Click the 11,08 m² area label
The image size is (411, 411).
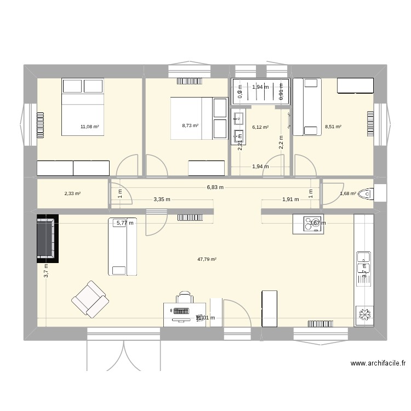coord(90,127)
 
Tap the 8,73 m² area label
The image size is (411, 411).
coord(190,125)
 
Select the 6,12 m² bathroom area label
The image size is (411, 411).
coord(260,127)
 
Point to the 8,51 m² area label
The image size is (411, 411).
coord(333,127)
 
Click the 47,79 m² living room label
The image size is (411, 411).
coord(207,259)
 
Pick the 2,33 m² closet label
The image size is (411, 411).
coord(73,193)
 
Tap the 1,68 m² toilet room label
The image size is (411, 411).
coord(348,193)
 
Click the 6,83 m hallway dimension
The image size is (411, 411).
coord(215,187)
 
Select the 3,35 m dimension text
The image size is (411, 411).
coord(162,199)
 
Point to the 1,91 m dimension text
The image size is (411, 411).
coord(290,199)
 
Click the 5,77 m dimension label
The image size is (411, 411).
coord(125,222)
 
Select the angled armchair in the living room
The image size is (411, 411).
coord(89,299)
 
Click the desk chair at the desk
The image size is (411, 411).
coord(184,298)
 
